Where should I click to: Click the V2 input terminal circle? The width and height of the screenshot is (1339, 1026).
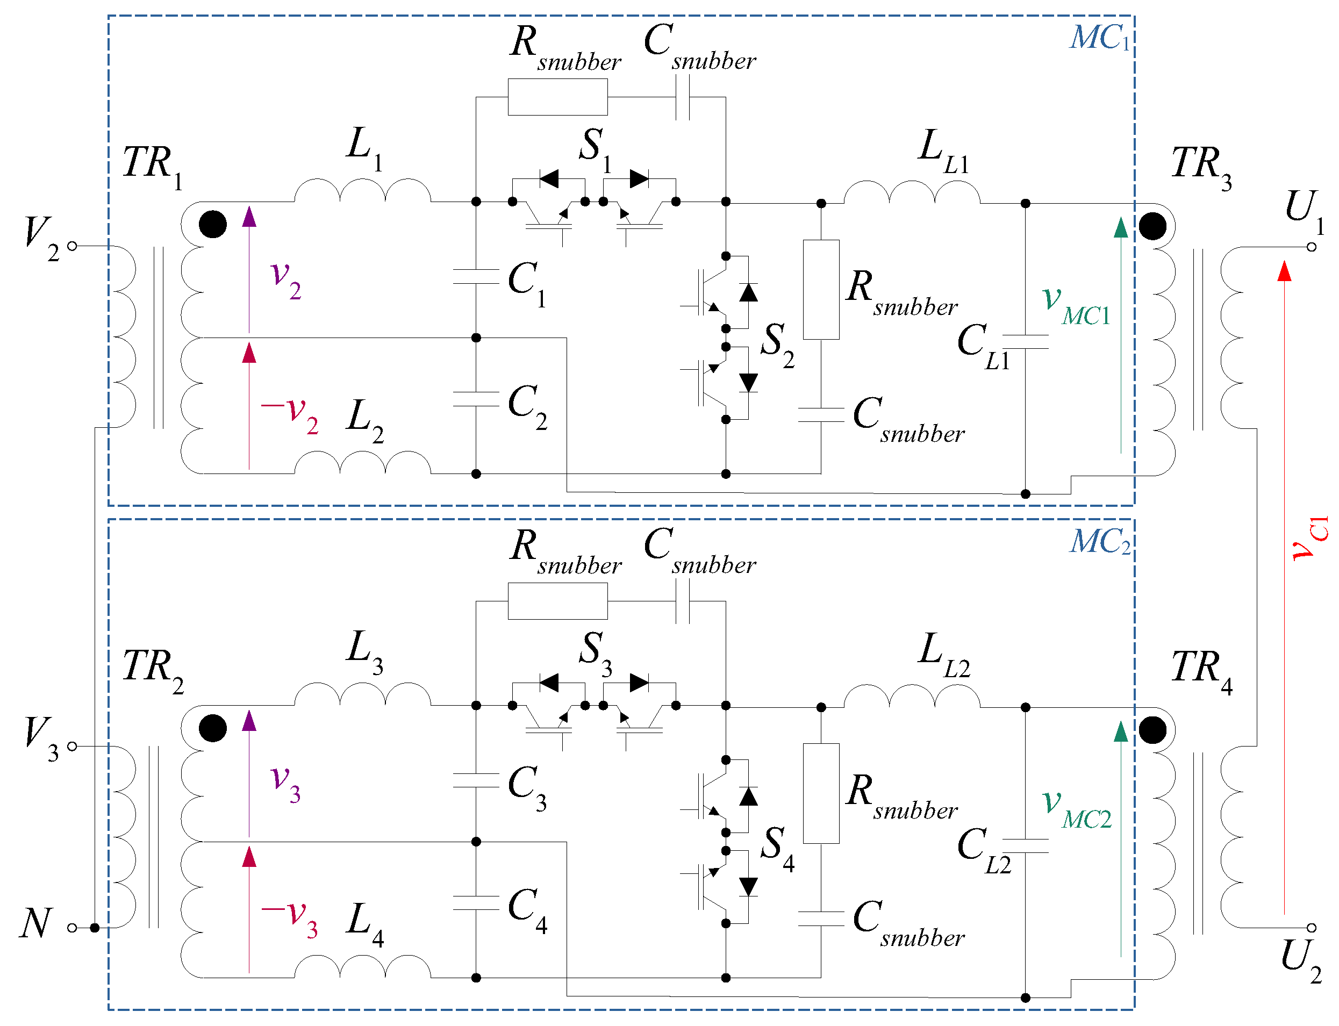click(72, 246)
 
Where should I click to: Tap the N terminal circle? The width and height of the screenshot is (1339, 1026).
click(72, 928)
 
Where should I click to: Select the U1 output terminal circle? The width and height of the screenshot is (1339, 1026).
click(1311, 247)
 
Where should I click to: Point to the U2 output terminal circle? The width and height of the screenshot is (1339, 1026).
click(1311, 928)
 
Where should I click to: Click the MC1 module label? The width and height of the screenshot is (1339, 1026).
click(1100, 38)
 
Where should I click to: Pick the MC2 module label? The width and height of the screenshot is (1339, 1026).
click(1100, 542)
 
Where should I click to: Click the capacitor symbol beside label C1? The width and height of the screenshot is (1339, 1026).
click(476, 277)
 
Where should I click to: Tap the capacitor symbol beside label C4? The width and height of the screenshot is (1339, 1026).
click(476, 903)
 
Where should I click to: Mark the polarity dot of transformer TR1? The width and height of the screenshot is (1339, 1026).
click(212, 224)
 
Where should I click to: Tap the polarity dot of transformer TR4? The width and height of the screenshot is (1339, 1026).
click(1152, 730)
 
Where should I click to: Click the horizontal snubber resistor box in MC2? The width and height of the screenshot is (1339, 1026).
click(558, 601)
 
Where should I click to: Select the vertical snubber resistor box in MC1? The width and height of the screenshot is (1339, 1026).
click(821, 290)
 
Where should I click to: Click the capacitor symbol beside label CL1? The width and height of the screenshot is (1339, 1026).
click(1026, 341)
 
